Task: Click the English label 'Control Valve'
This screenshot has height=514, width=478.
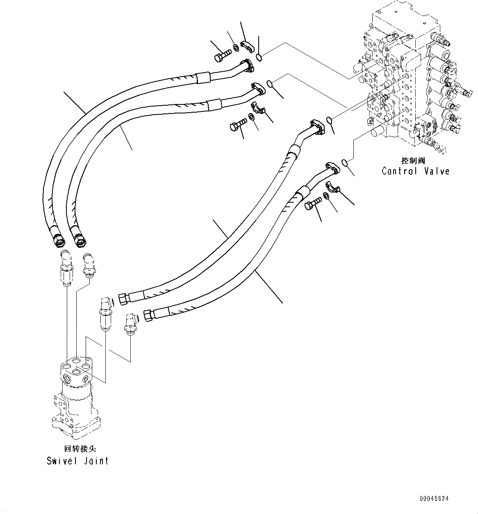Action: point(415,171)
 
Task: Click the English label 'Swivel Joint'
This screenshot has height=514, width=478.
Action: point(77,461)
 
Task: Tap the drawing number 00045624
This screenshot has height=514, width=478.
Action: point(434,499)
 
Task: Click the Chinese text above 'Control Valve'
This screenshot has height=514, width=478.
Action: point(413,161)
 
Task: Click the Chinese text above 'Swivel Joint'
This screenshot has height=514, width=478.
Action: point(77,449)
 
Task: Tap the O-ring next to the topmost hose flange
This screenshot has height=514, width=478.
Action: point(259,57)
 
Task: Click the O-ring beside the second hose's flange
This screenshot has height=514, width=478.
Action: point(270,84)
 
